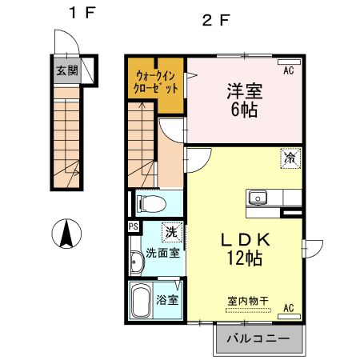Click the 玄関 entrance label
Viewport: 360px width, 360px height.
(66, 70)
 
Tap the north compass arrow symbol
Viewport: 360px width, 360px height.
(67, 234)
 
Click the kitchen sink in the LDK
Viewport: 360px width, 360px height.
(258, 198)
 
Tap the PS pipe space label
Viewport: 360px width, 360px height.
(132, 226)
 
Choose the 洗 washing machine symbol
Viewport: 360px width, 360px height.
(171, 233)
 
